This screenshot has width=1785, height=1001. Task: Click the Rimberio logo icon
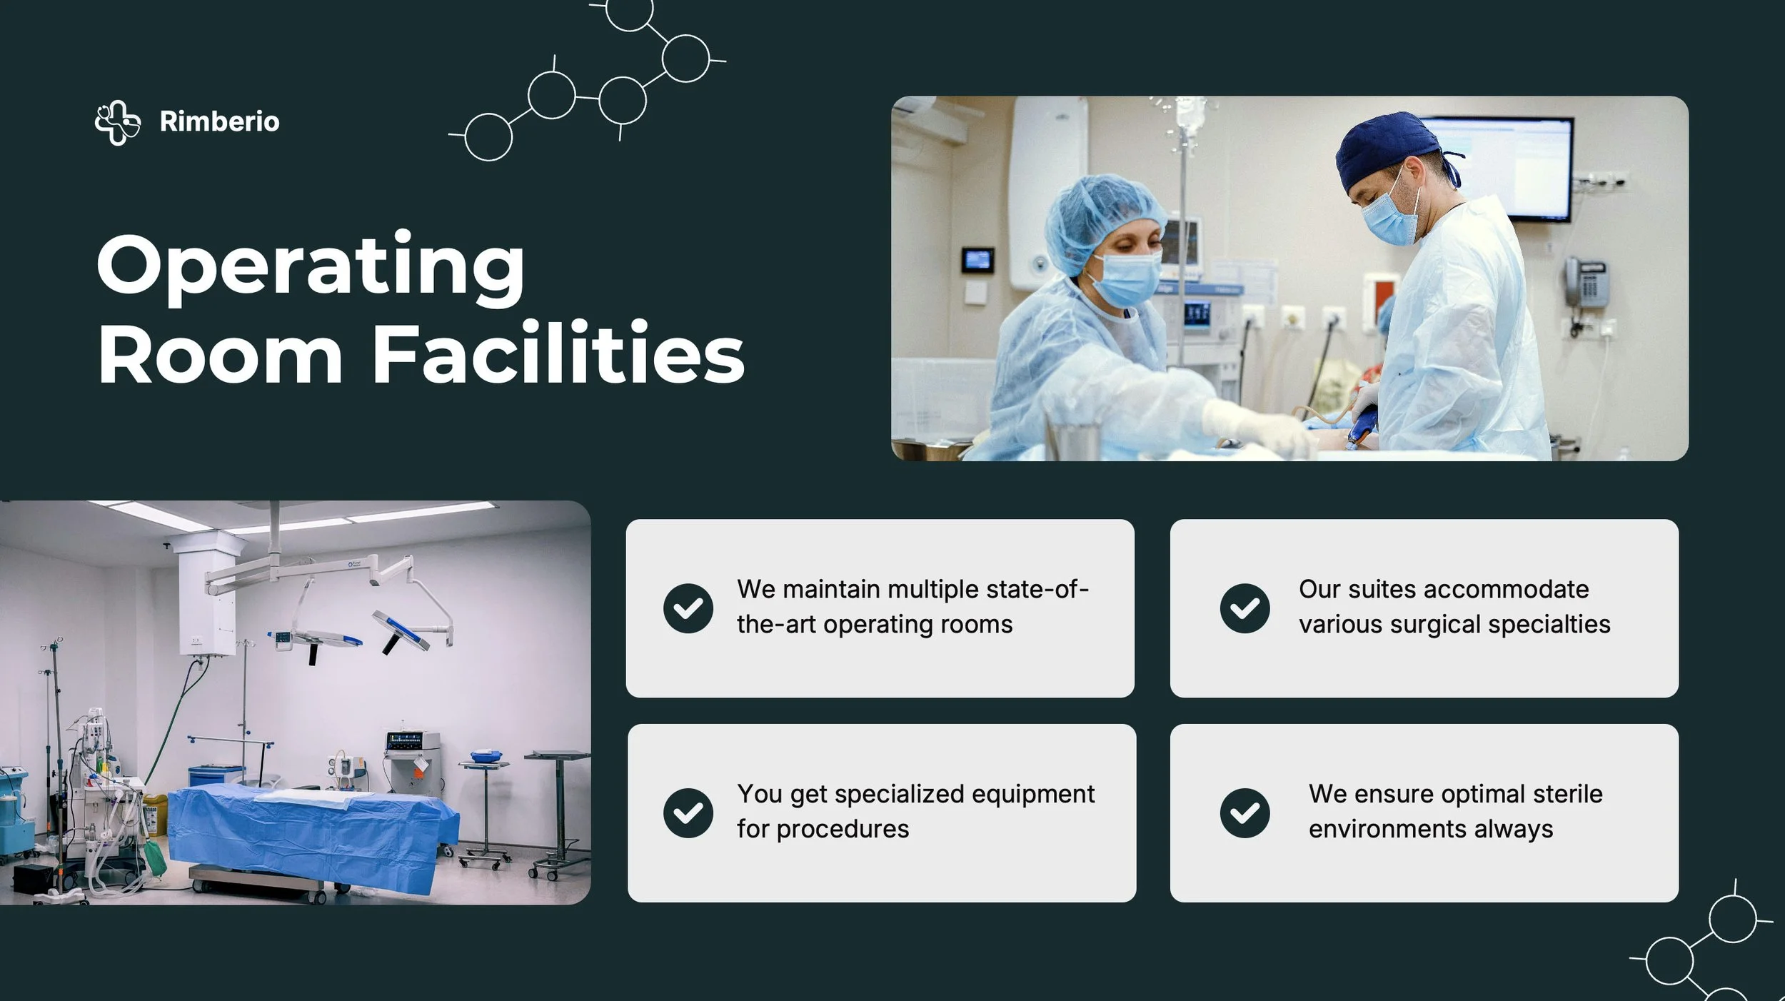pyautogui.click(x=118, y=123)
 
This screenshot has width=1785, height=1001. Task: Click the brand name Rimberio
pyautogui.click(x=219, y=121)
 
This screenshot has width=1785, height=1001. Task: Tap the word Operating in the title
pyautogui.click(x=311, y=266)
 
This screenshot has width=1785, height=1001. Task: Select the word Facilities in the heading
pyautogui.click(x=558, y=354)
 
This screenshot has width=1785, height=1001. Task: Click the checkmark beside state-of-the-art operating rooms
pyautogui.click(x=688, y=608)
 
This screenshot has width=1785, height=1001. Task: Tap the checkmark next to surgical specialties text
pyautogui.click(x=1245, y=608)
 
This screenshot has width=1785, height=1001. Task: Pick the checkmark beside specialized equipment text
pyautogui.click(x=688, y=813)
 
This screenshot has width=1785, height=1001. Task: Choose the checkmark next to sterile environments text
pyautogui.click(x=1245, y=813)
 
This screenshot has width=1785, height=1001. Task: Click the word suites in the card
pyautogui.click(x=1382, y=590)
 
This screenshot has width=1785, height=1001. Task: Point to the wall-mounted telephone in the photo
pyautogui.click(x=1587, y=281)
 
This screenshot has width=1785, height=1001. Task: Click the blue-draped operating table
pyautogui.click(x=314, y=828)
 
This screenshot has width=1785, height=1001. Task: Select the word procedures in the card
pyautogui.click(x=843, y=830)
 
